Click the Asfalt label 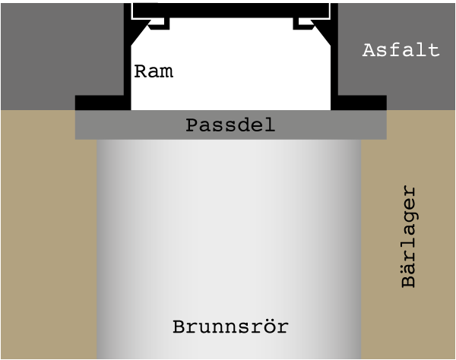[401, 50]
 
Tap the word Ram [154, 71]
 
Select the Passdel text [230, 125]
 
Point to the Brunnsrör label [230, 327]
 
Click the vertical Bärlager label [409, 236]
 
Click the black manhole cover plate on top [231, 11]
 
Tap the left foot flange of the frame [103, 103]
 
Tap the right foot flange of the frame [359, 103]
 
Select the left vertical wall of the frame [128, 57]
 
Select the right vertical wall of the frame [334, 57]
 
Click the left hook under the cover [160, 24]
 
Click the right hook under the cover [303, 24]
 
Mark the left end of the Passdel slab [75, 125]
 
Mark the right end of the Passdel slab [386, 125]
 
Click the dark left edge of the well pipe [100, 249]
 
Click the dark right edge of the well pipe [359, 249]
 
